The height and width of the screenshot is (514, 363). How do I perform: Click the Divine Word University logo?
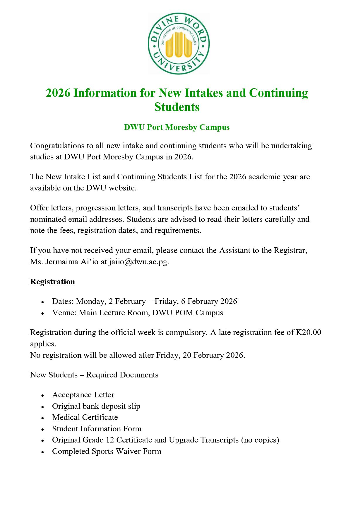coord(179,43)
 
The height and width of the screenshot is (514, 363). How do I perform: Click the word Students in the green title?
coord(177,107)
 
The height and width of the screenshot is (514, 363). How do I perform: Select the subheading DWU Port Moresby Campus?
coord(177,127)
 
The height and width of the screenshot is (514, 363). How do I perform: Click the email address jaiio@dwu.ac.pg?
coord(139,261)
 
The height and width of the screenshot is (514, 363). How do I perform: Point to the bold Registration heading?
coord(52,282)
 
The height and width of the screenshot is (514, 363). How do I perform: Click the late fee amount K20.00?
coord(309,332)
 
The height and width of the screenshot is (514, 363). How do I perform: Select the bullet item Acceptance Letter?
coord(83,395)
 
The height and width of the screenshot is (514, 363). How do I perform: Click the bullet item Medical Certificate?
coord(85,417)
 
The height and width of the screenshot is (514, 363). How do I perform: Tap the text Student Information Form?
coord(97,429)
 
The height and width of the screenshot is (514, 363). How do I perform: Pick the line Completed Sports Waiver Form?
coord(107,451)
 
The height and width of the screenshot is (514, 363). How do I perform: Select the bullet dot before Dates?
coord(43,302)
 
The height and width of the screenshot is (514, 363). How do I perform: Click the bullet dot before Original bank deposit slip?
coord(43,407)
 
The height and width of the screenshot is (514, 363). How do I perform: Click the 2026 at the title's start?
coord(58,93)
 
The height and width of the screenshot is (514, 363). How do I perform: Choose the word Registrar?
coord(290,250)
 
